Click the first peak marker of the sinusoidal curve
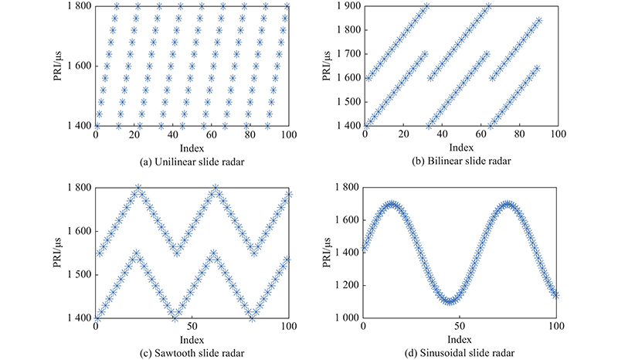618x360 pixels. pos(392,205)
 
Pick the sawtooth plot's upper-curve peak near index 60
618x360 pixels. pos(215,188)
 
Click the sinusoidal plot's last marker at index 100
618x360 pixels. pos(555,294)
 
